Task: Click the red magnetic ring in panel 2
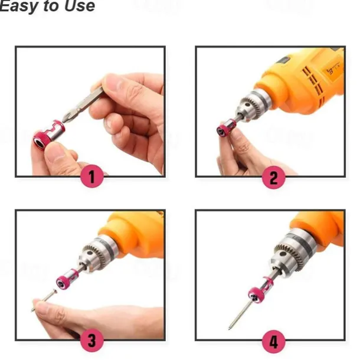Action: [225, 129]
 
